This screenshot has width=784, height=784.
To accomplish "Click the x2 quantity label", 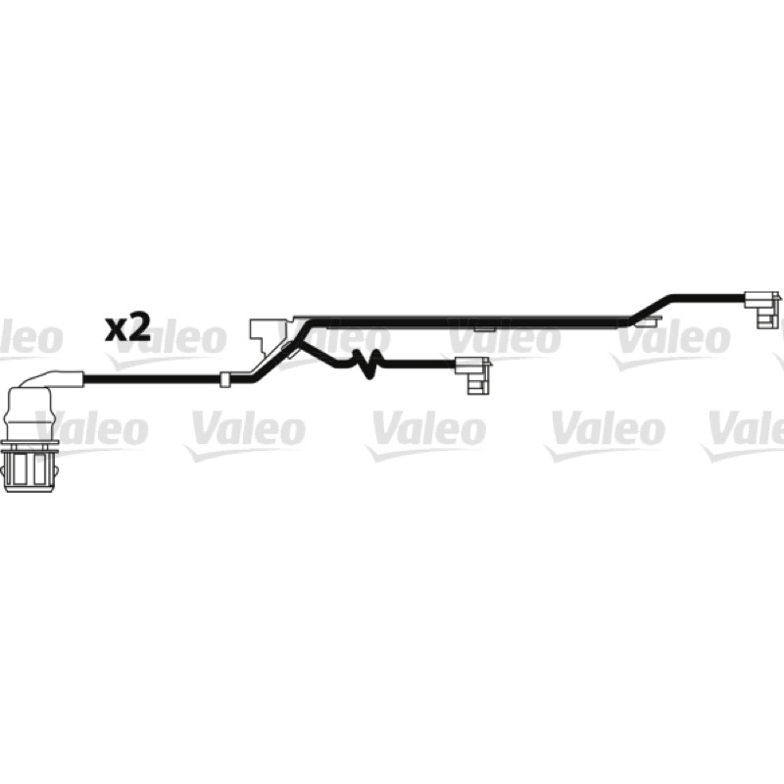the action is point(127,328).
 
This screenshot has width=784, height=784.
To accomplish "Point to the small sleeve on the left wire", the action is point(224,394).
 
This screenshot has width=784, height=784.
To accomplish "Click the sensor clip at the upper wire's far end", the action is point(763,309).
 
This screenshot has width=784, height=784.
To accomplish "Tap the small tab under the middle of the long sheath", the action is point(484,329).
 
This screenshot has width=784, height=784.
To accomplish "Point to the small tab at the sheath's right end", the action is point(646,321).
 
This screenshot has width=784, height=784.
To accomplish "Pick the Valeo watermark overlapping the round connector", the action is point(85,433).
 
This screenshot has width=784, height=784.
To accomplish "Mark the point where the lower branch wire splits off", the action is point(300,343).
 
